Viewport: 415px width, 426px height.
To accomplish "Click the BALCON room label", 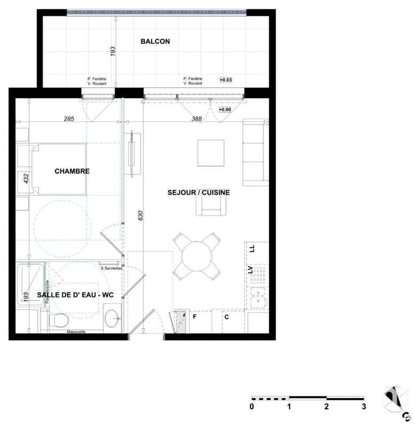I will [x=155, y=41].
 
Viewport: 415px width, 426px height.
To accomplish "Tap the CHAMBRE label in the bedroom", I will [x=72, y=171].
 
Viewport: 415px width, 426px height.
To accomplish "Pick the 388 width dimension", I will [x=196, y=119].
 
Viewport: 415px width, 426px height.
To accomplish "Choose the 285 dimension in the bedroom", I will [x=68, y=119].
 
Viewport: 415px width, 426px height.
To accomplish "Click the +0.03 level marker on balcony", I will [x=225, y=80].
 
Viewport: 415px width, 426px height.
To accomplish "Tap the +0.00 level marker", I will [x=225, y=110].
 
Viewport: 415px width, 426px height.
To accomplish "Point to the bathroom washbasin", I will [x=113, y=318].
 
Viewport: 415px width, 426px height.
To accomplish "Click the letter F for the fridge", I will [x=195, y=317].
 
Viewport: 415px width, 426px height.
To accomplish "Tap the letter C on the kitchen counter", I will [x=226, y=317].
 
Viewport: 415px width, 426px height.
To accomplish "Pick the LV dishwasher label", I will [x=250, y=270].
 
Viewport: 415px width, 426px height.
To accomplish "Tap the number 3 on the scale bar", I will [x=364, y=407].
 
